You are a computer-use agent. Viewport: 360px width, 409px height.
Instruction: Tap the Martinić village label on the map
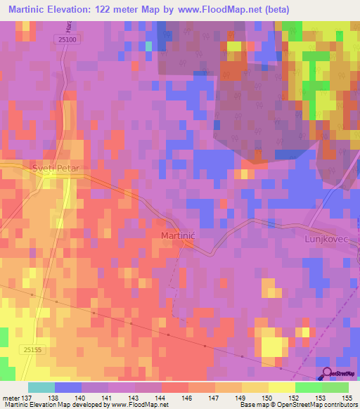(178, 235)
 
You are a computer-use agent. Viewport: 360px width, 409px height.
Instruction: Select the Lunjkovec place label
(326, 239)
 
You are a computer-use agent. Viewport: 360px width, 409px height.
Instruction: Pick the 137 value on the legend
(27, 398)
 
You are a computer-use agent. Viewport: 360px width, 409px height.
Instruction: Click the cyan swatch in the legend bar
(41, 387)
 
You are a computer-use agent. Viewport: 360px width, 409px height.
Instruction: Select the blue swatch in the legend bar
(68, 387)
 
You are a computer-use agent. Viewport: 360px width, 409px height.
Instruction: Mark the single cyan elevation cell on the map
(148, 46)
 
